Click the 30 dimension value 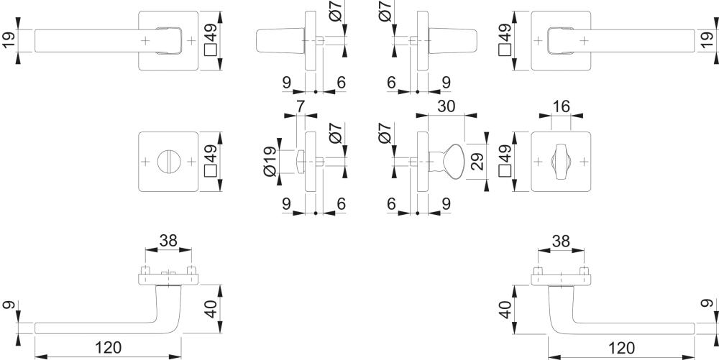click(446, 106)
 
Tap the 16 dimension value click(561, 106)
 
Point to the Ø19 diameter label click(270, 161)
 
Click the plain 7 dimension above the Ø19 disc click(300, 106)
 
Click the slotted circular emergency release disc click(169, 162)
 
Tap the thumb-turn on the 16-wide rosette click(561, 161)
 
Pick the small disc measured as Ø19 click(300, 162)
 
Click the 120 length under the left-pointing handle click(109, 348)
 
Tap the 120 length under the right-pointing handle click(621, 348)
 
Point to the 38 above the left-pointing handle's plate click(168, 241)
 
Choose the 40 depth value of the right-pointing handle click(505, 309)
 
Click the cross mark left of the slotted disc click(145, 162)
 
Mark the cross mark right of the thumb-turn click(584, 162)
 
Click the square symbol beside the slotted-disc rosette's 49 click(211, 172)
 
